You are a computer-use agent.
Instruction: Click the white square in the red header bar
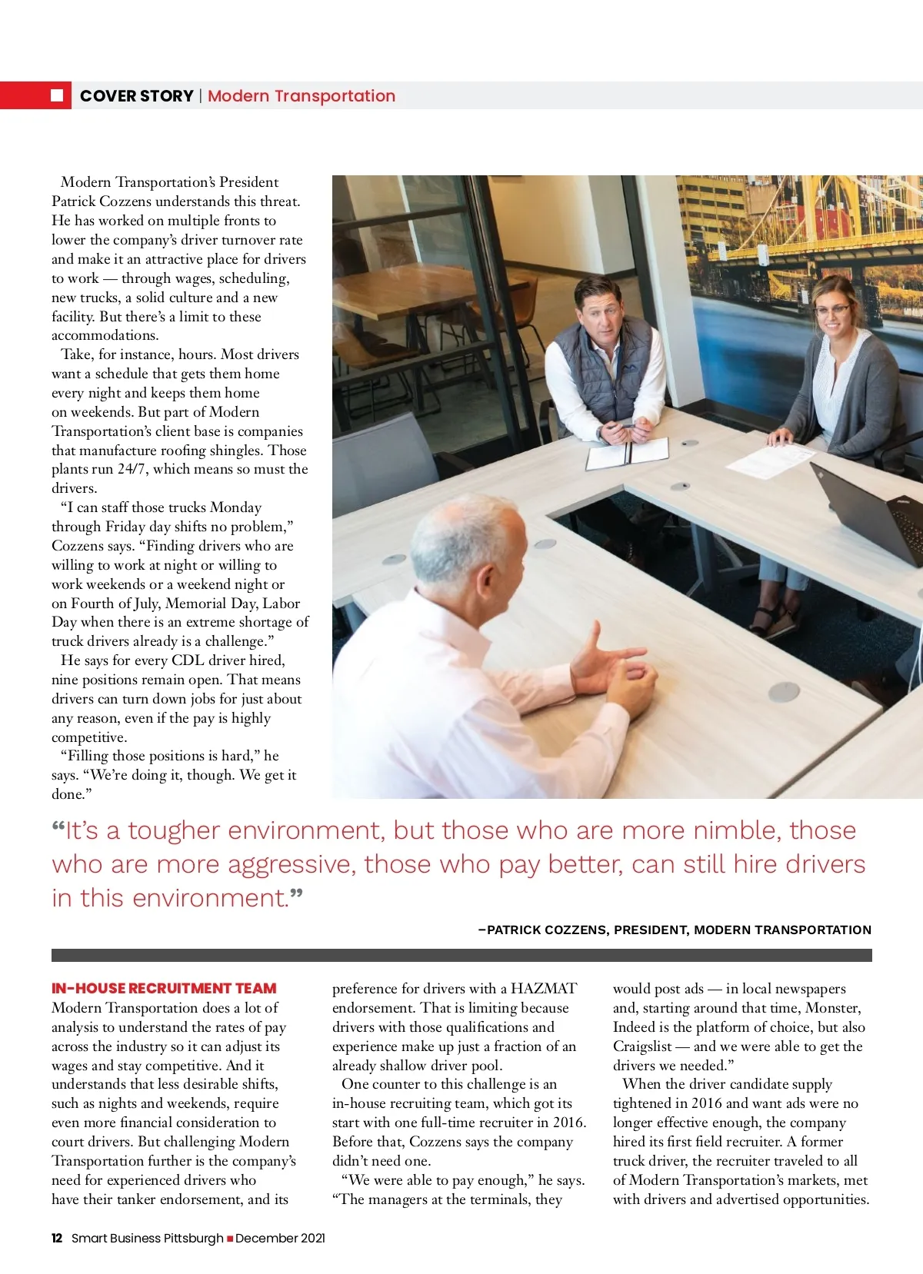tap(57, 95)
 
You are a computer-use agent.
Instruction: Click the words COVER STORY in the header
tap(136, 96)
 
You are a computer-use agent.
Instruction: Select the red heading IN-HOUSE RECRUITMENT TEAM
tap(164, 988)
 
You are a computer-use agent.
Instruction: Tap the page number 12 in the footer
tap(57, 1238)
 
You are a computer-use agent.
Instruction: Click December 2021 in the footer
tap(280, 1238)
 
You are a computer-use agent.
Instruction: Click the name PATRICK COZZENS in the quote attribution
tap(548, 930)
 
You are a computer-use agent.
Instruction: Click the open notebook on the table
tap(627, 454)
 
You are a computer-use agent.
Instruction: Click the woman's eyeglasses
tap(832, 311)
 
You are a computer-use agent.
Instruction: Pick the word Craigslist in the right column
tap(641, 1046)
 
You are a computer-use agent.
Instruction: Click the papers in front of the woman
tap(769, 460)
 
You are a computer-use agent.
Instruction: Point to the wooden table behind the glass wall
tap(415, 296)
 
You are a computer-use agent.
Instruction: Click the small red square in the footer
tap(229, 1238)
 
